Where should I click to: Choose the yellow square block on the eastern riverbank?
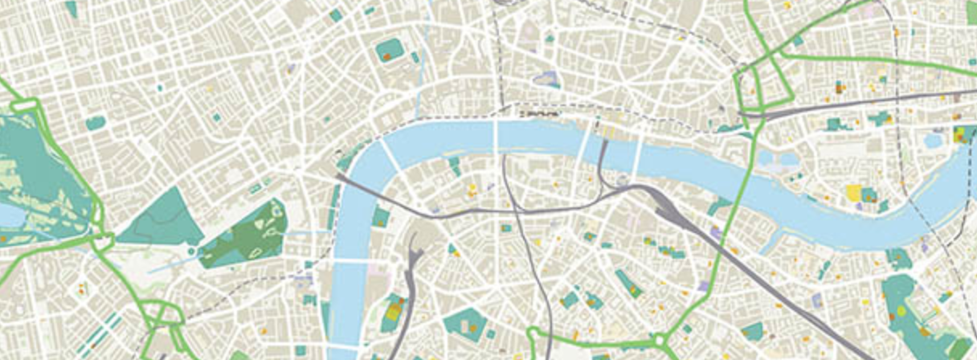[853, 193]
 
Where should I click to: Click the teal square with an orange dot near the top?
[389, 50]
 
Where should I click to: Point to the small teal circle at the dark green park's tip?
[192, 252]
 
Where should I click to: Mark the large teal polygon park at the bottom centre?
[464, 322]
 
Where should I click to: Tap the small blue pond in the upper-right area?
[934, 141]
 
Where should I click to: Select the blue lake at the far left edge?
[6, 215]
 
